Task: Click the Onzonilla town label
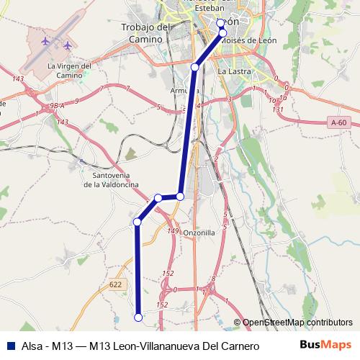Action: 199,233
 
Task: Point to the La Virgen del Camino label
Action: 69,70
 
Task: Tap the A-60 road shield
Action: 339,123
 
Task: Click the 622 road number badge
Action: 116,284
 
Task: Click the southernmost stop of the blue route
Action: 138,316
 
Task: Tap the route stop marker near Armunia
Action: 195,67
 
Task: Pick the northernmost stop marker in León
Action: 221,23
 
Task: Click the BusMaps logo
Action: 326,346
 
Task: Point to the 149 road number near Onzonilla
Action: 172,230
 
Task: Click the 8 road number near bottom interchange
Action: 214,278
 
